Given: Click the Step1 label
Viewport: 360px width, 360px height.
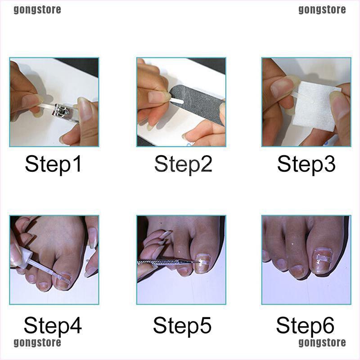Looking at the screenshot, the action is [x=53, y=164].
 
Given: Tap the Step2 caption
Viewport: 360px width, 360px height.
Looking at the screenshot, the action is [x=183, y=164].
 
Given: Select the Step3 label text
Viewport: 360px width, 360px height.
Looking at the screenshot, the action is [x=306, y=164].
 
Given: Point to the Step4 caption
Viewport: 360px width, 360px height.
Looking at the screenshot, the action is [x=53, y=326].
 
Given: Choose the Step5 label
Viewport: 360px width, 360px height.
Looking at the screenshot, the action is [x=182, y=326].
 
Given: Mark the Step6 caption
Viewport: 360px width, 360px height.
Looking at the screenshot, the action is [x=305, y=326].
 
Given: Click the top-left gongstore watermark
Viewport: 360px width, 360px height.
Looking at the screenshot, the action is [x=37, y=10].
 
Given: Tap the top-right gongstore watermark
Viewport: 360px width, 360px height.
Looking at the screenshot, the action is [x=322, y=10].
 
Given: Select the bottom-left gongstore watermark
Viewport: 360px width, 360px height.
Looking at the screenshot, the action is [x=37, y=343].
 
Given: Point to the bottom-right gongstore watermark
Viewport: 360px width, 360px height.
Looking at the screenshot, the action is [x=322, y=343].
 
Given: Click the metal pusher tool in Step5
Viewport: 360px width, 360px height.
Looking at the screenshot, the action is [x=167, y=262].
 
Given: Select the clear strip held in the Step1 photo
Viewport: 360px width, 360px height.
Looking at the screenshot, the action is [x=46, y=106].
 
